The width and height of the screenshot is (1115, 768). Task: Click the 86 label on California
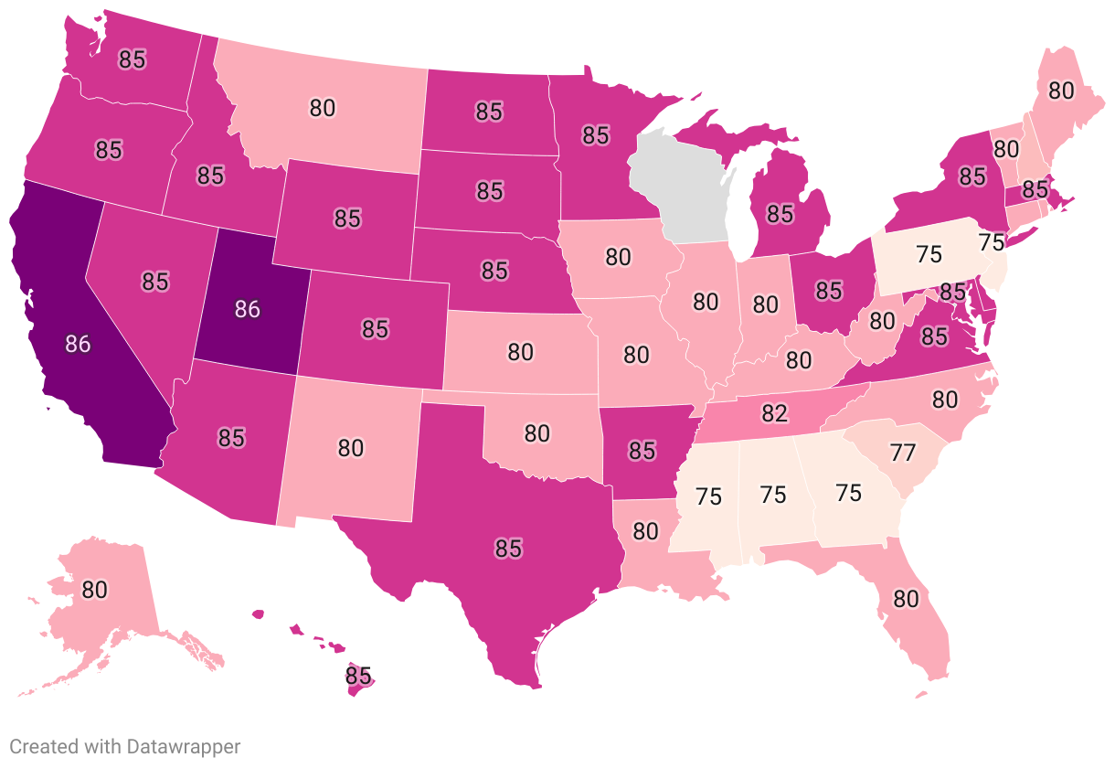(x=78, y=344)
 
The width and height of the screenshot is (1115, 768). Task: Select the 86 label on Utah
(x=247, y=309)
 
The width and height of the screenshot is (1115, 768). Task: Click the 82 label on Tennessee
(x=774, y=413)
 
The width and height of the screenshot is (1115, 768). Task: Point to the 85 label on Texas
(x=508, y=549)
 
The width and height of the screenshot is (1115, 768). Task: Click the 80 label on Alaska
(x=95, y=590)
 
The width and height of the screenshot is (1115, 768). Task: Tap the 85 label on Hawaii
(x=359, y=677)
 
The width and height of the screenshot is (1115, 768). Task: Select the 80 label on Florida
(x=905, y=600)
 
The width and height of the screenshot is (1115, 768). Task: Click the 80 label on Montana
(x=322, y=108)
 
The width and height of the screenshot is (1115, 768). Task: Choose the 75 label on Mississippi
(x=708, y=497)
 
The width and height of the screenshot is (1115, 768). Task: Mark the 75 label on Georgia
(x=848, y=494)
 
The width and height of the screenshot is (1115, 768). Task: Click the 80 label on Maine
(x=1060, y=91)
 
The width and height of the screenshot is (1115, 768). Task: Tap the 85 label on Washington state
(x=133, y=59)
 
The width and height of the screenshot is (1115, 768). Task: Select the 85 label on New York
(x=972, y=175)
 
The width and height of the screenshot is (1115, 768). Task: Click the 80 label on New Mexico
(x=351, y=448)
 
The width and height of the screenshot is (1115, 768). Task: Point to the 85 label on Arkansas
(x=642, y=450)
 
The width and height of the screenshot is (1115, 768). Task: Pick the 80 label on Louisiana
(x=645, y=530)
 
